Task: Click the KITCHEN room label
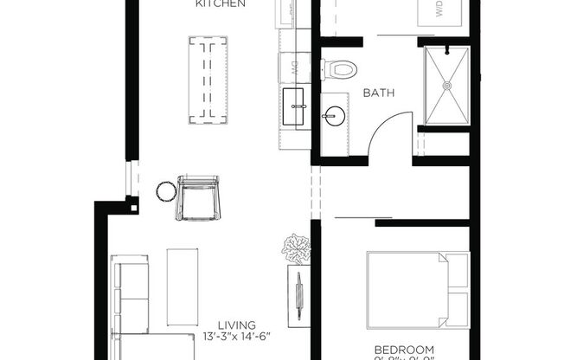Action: click(221, 4)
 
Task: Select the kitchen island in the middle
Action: click(208, 79)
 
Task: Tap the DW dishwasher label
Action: click(294, 65)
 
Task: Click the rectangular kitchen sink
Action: click(294, 106)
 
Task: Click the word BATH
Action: click(379, 91)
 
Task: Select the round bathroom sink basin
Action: click(333, 113)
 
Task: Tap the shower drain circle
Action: click(446, 85)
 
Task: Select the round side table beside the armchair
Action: click(165, 190)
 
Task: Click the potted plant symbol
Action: click(296, 247)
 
